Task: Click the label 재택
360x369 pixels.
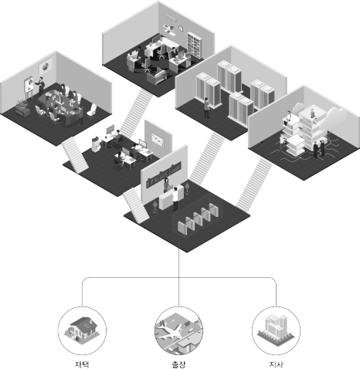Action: [x=82, y=364]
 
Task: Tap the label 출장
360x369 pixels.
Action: [x=178, y=364]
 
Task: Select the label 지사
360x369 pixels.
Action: [x=276, y=364]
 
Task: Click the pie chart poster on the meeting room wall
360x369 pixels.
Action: [x=46, y=66]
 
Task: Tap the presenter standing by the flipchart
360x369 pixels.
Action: [x=41, y=86]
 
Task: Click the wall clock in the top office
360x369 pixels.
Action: [x=181, y=28]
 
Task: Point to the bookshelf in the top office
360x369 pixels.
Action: [x=194, y=46]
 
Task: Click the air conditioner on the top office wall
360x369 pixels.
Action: [x=171, y=18]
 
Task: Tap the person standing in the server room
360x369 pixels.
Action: [x=206, y=108]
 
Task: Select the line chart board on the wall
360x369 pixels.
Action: [x=158, y=140]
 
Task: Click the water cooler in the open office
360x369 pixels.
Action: [x=95, y=144]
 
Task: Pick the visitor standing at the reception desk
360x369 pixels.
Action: [x=175, y=199]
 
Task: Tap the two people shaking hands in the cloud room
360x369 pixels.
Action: [x=319, y=148]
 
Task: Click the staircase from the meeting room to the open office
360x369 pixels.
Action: [x=75, y=154]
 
